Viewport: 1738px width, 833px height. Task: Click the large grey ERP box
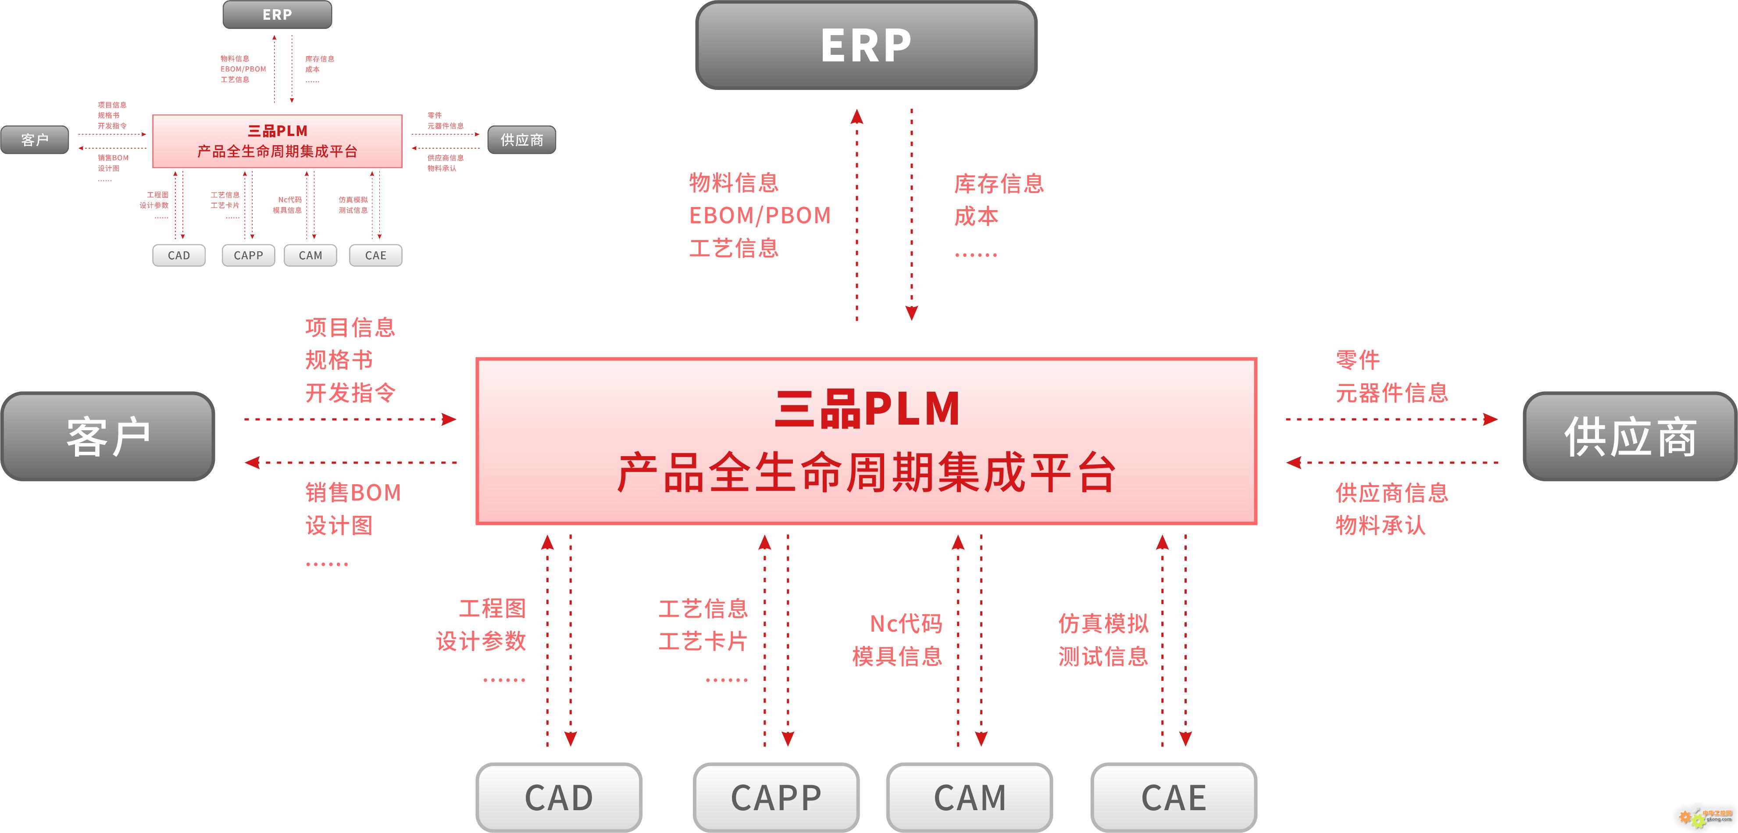pyautogui.click(x=866, y=45)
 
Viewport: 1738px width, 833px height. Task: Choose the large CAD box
pyautogui.click(x=559, y=797)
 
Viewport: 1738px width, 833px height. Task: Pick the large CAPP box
pyautogui.click(x=776, y=797)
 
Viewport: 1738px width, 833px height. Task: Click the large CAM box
pyautogui.click(x=970, y=797)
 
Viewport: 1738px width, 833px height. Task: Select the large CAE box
pyautogui.click(x=1173, y=797)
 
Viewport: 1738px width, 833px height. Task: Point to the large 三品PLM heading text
pyautogui.click(x=867, y=409)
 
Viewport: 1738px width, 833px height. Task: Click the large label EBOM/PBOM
pyautogui.click(x=760, y=215)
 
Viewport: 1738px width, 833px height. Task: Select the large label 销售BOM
pyautogui.click(x=353, y=493)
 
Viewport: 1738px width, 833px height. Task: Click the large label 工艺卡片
pyautogui.click(x=703, y=641)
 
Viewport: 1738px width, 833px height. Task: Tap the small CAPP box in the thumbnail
pyautogui.click(x=248, y=255)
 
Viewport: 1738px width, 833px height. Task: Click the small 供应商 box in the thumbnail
pyautogui.click(x=521, y=140)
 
